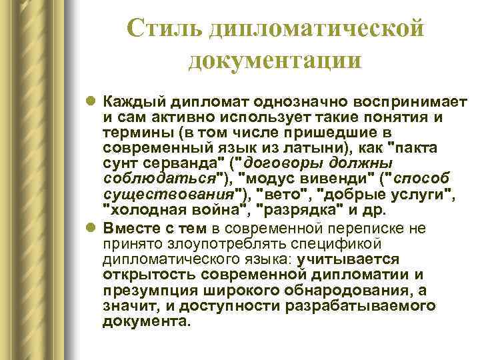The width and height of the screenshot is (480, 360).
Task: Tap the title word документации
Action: click(x=275, y=60)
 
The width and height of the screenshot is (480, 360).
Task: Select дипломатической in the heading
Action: click(x=316, y=27)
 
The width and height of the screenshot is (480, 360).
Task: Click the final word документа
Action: click(x=147, y=321)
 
